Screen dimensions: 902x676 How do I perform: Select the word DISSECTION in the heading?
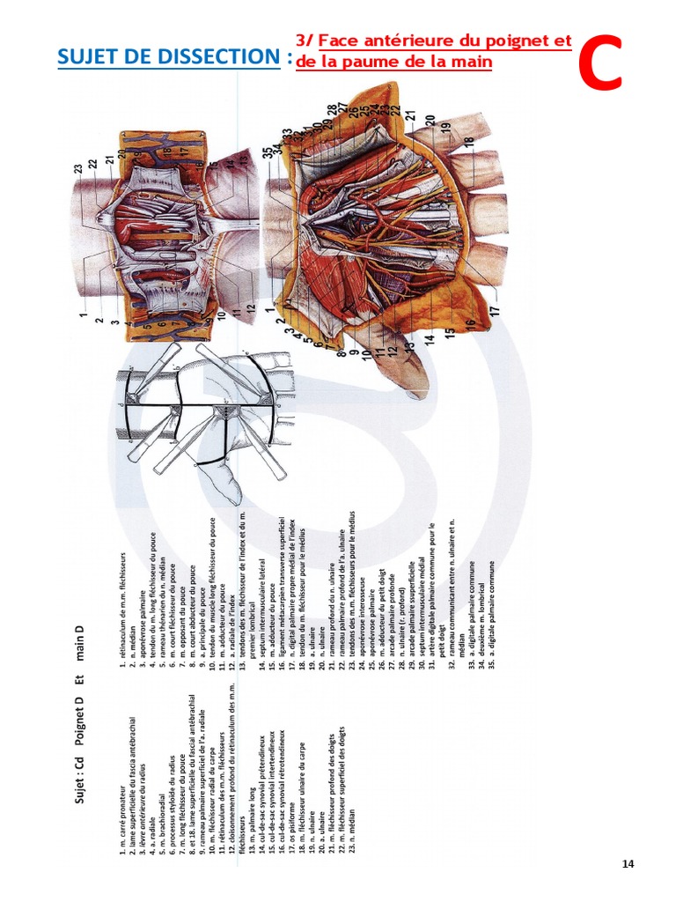click(212, 57)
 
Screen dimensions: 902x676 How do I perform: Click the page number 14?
click(628, 864)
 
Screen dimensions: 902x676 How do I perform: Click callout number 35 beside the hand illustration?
click(268, 151)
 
